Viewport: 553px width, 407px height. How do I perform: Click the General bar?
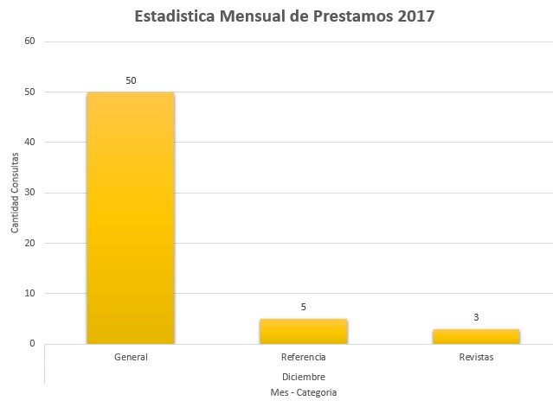(x=131, y=218)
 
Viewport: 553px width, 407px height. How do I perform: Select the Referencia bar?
(x=304, y=332)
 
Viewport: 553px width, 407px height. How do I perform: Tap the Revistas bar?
(x=476, y=336)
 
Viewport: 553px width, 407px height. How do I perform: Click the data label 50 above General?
(x=131, y=80)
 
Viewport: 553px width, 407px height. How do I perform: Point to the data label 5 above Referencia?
(x=304, y=307)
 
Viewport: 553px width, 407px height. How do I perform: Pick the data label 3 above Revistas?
(x=476, y=317)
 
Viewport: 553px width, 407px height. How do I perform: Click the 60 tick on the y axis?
(x=29, y=41)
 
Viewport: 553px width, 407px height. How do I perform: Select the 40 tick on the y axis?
(x=29, y=142)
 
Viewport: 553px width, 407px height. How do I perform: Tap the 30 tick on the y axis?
(x=29, y=193)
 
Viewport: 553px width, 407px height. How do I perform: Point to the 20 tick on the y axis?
(x=29, y=243)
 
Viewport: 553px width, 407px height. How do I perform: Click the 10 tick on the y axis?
(x=29, y=293)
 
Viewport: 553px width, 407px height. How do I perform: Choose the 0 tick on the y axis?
(x=32, y=344)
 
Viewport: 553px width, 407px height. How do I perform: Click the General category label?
(x=131, y=357)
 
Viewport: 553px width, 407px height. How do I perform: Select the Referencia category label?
(x=304, y=357)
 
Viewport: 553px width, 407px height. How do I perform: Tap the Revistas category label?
(x=476, y=357)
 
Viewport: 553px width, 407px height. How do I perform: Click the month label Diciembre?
(x=304, y=377)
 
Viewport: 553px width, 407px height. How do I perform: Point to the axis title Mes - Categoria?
(x=304, y=392)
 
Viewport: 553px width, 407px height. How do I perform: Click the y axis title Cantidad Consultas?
(x=15, y=193)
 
